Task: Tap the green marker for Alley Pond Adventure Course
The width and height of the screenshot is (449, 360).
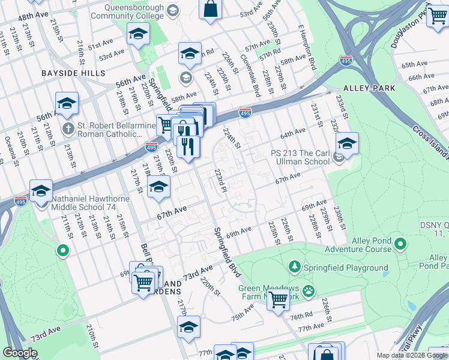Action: pyautogui.click(x=401, y=244)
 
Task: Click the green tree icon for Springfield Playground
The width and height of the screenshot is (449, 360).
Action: pyautogui.click(x=294, y=266)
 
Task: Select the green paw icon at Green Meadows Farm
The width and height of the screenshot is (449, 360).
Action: pyautogui.click(x=309, y=291)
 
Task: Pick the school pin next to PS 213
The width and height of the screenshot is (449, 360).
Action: pyautogui.click(x=346, y=143)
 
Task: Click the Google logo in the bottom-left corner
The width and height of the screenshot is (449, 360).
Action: pyautogui.click(x=20, y=353)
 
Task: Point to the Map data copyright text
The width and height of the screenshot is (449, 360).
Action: pyautogui.click(x=412, y=355)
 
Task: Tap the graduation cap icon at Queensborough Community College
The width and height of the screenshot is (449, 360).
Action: pyautogui.click(x=173, y=11)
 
